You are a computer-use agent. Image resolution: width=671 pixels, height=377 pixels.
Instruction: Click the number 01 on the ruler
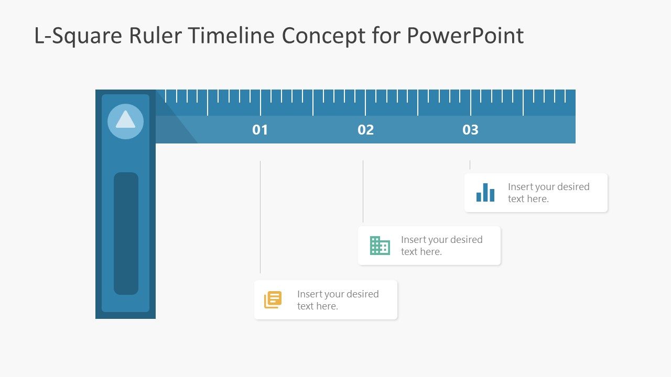[x=260, y=130]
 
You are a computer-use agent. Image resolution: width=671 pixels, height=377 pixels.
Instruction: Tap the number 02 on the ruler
[x=365, y=130]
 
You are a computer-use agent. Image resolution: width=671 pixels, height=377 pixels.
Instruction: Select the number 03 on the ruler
[x=470, y=130]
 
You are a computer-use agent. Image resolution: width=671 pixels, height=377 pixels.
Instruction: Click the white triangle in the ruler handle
[x=125, y=120]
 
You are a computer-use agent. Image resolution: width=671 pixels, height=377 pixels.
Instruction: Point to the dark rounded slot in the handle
[x=126, y=233]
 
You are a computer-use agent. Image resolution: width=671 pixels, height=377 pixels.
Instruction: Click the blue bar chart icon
[x=485, y=192]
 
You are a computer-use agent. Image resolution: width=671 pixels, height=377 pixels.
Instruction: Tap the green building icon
[x=380, y=246]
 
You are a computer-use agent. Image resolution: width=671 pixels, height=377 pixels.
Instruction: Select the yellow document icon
[x=273, y=300]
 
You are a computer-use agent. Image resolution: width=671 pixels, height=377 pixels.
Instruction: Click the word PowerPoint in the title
[x=465, y=36]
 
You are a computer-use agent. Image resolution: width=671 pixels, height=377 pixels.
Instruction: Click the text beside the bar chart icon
[x=548, y=193]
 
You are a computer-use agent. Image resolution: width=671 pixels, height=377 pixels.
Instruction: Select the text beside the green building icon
[x=441, y=246]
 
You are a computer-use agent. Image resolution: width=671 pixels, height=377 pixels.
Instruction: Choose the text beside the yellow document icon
[x=338, y=300]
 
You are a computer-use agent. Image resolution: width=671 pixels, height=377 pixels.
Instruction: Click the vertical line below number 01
[x=260, y=217]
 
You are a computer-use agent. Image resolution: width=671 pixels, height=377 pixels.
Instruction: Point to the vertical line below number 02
[x=363, y=191]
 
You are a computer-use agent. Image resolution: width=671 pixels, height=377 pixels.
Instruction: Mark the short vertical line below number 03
[x=470, y=164]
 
